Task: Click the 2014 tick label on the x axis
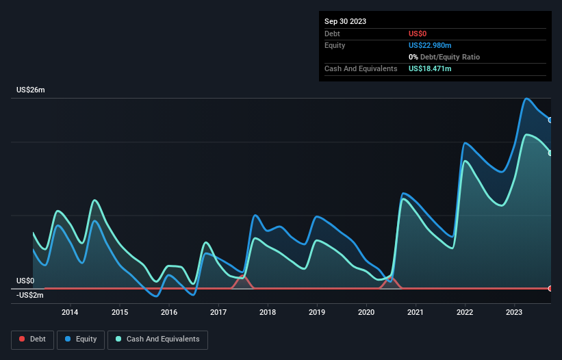[69, 313]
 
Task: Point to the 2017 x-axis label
[218, 313]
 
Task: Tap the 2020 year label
[366, 313]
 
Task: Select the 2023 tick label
[514, 313]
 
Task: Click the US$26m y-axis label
[30, 90]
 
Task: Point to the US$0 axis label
[25, 281]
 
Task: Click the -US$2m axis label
[30, 295]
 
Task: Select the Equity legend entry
[81, 339]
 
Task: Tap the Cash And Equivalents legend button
[157, 339]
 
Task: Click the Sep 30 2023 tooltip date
[345, 21]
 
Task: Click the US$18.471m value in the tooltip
[430, 68]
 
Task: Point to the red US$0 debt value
[418, 34]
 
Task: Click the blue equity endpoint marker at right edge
[550, 120]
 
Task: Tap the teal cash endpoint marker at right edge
[550, 153]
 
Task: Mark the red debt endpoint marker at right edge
[550, 288]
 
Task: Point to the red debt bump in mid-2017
[241, 277]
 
